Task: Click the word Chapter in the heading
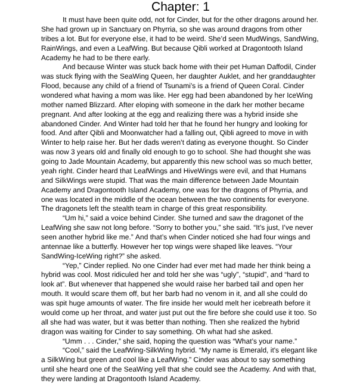point(173,7)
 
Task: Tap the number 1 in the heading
point(206,7)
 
